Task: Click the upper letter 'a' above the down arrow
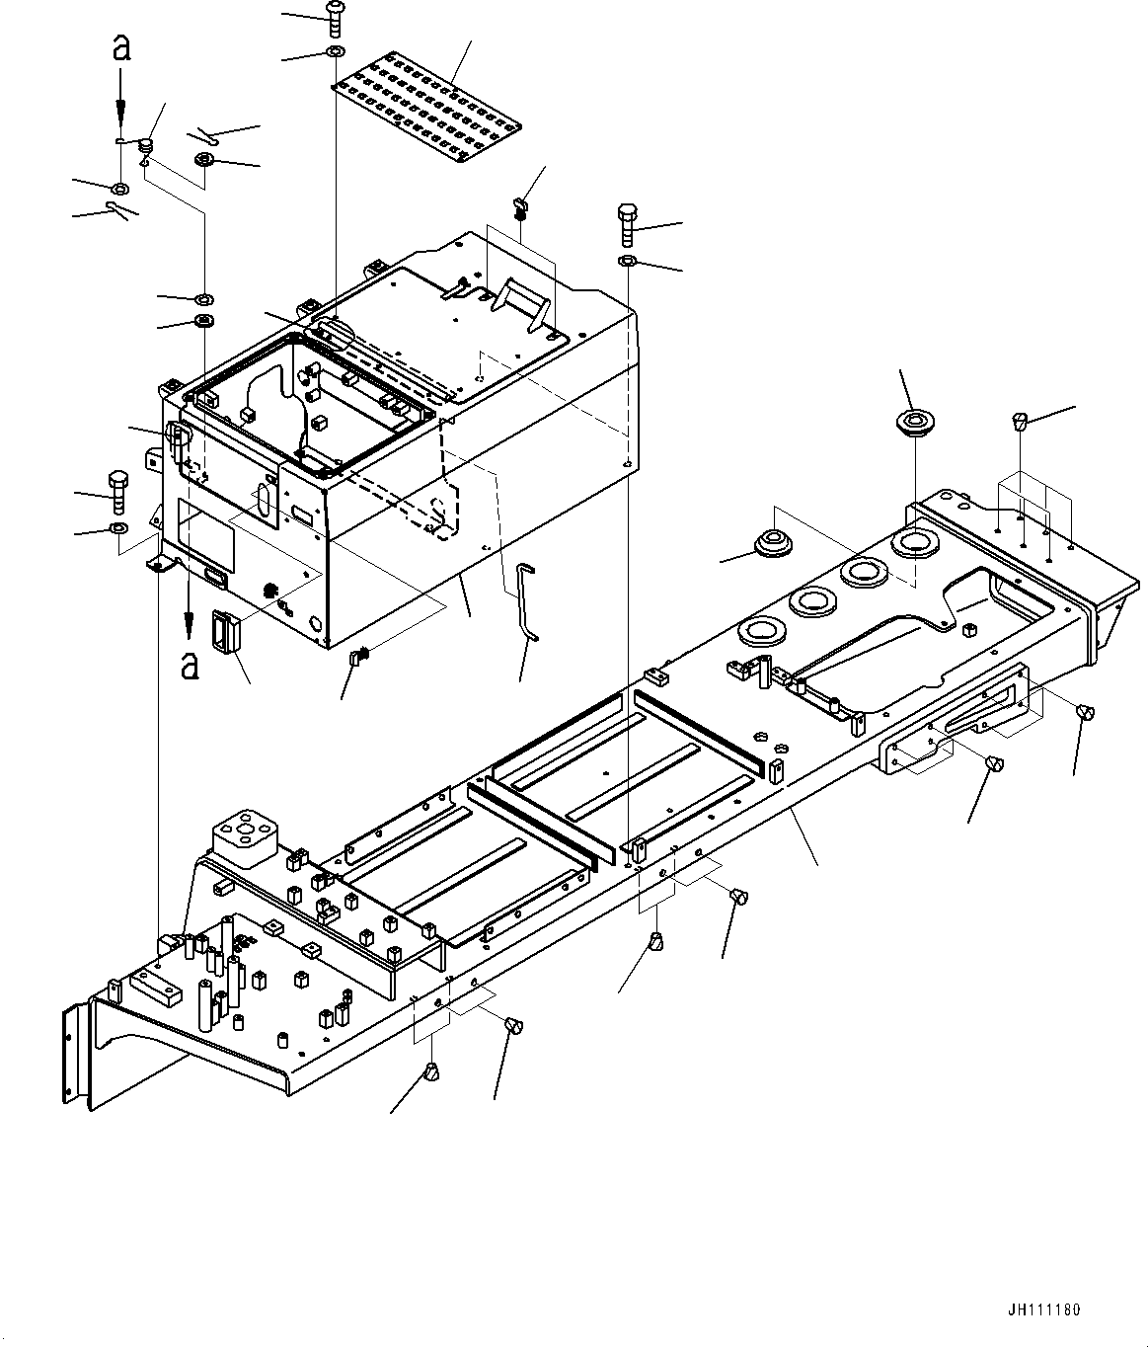120,48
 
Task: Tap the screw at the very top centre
334,18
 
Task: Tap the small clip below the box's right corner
360,654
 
